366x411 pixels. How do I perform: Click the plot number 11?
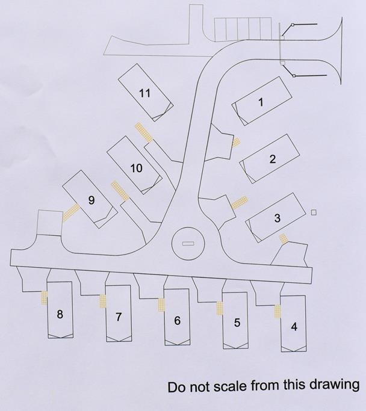coord(144,93)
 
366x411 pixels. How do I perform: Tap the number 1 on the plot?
coord(261,102)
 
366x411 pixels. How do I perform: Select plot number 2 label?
coord(273,159)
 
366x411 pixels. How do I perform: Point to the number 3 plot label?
coord(277,218)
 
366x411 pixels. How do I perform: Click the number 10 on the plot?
coord(137,168)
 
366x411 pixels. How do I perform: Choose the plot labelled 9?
coord(91,200)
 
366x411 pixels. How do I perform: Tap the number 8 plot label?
coord(60,314)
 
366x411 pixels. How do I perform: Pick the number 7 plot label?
coord(119,317)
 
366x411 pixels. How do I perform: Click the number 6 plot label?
coord(177,321)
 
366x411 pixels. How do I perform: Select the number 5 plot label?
coord(237,323)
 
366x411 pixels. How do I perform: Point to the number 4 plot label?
coord(294,327)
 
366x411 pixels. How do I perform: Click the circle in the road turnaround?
coord(188,244)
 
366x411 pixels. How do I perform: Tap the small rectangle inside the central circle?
coord(188,244)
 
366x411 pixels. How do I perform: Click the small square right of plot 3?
coord(314,212)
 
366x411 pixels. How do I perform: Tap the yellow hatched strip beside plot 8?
coord(44,297)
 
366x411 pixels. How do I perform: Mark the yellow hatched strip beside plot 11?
coord(143,132)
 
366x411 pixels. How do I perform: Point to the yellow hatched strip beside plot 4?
coord(278,312)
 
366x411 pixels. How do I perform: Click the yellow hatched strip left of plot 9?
coord(71,212)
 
